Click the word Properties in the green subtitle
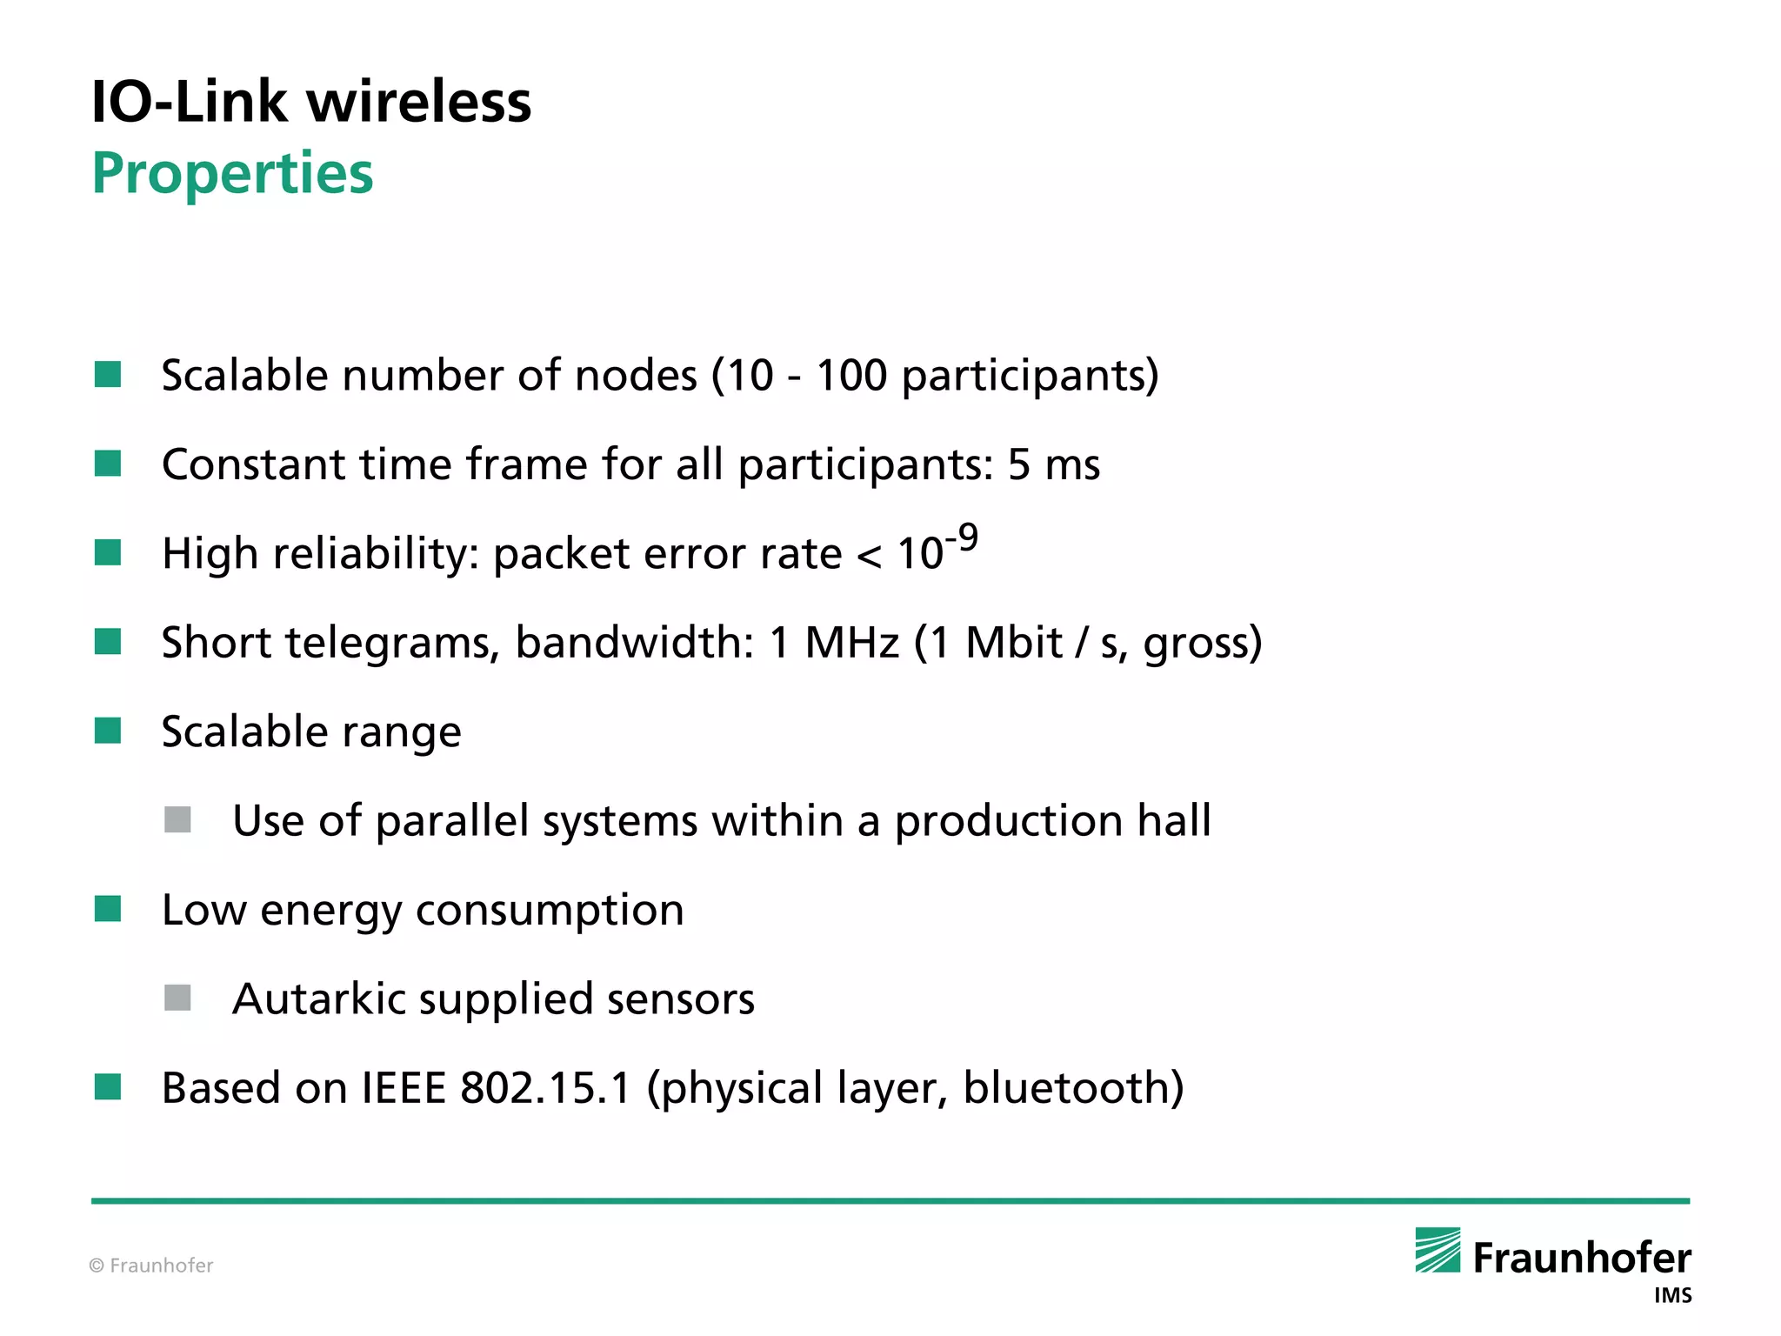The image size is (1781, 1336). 232,174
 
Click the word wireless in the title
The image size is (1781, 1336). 419,102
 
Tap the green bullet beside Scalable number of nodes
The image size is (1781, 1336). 108,375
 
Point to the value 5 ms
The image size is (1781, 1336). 1054,464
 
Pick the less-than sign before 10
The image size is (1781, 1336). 869,555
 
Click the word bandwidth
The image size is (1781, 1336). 634,643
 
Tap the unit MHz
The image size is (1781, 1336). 851,643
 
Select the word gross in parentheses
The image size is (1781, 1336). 1196,645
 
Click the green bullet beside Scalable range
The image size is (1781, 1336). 108,731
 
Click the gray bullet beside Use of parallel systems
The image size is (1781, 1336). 178,820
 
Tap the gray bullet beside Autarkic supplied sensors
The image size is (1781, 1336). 178,998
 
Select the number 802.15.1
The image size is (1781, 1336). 545,1088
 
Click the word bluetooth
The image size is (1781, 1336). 1066,1088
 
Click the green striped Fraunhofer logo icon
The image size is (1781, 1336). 1437,1250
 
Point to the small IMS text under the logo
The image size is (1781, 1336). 1672,1296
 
